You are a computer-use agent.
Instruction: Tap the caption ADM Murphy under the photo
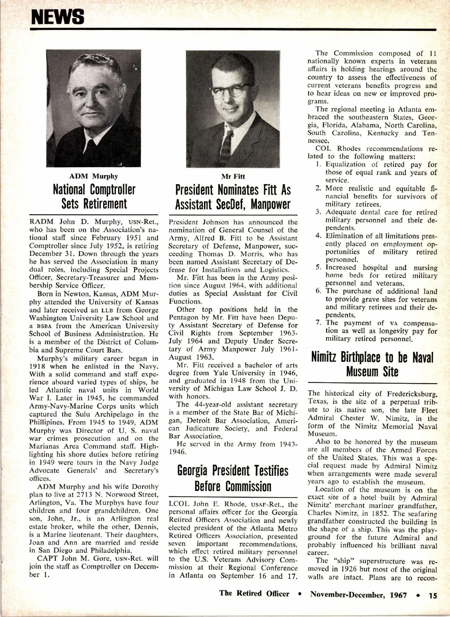point(93,176)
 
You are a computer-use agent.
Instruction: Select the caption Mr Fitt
point(233,177)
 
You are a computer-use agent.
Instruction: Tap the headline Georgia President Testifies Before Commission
point(233,478)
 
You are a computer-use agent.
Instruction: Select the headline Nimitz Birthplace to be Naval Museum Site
point(372,364)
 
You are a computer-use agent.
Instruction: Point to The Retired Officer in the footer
point(254,594)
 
